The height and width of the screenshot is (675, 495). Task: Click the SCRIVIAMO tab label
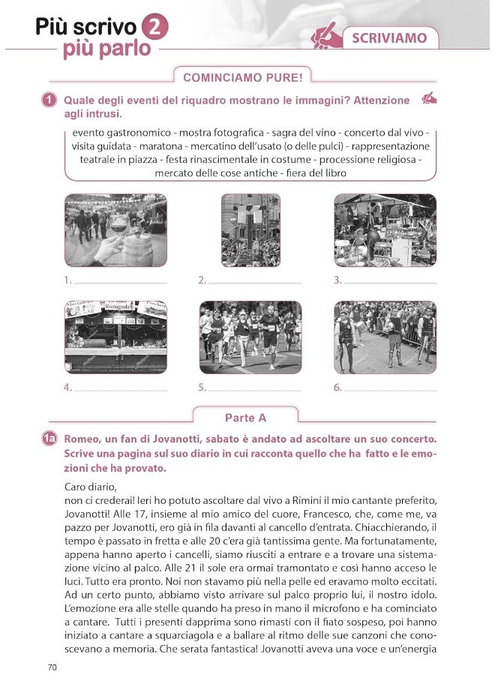click(x=389, y=37)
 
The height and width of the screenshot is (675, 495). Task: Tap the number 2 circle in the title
click(x=154, y=27)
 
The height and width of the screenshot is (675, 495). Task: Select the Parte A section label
click(x=245, y=418)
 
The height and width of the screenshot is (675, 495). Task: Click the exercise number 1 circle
click(x=49, y=100)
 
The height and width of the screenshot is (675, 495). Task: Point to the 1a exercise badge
click(x=49, y=439)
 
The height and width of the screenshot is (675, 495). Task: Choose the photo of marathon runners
click(x=250, y=337)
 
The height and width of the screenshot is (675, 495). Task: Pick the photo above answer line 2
click(x=250, y=230)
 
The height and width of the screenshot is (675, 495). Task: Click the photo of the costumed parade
click(x=385, y=337)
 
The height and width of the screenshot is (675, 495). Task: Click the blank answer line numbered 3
click(x=390, y=283)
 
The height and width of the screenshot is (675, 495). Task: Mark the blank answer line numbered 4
click(x=120, y=390)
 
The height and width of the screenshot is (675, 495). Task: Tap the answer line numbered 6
click(x=390, y=390)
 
